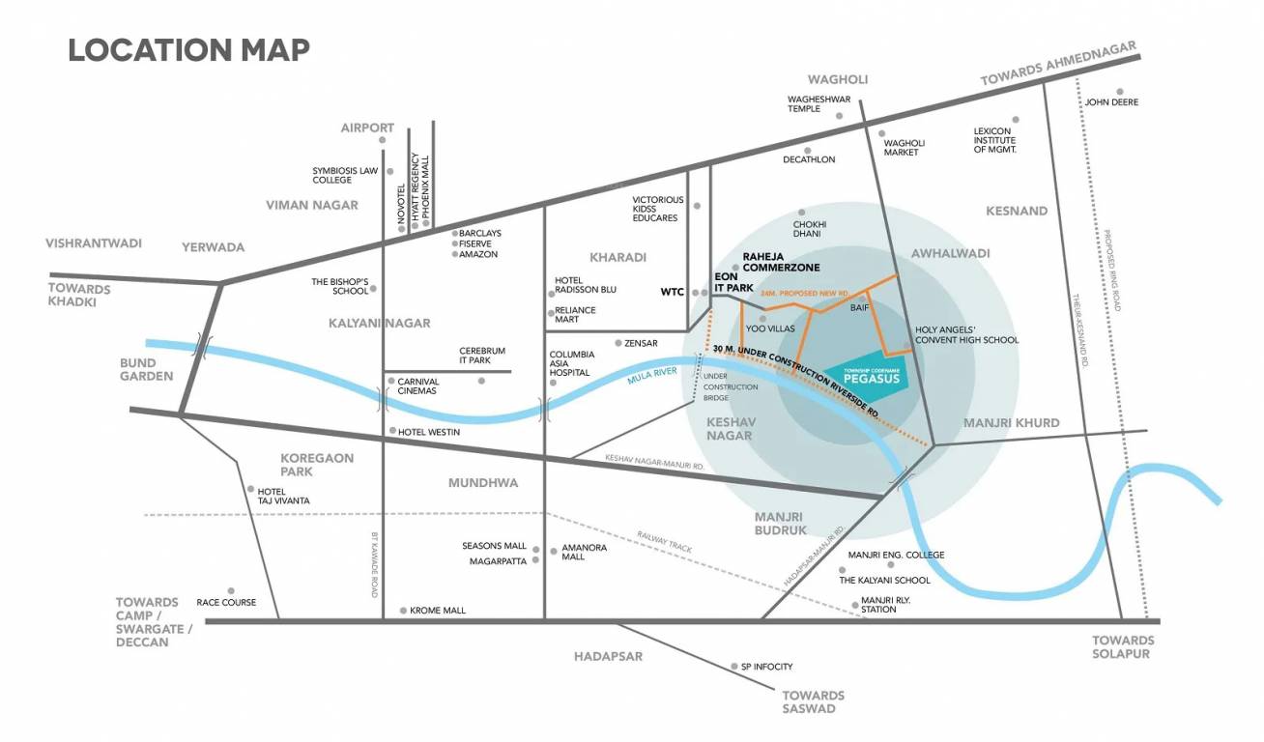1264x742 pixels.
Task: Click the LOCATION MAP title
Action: (x=188, y=49)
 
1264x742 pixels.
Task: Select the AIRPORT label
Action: (x=367, y=128)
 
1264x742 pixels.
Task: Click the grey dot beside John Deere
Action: (x=1120, y=91)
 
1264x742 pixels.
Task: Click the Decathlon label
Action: (x=808, y=159)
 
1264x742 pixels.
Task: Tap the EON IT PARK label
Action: (x=733, y=282)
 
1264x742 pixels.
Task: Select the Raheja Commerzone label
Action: (x=780, y=262)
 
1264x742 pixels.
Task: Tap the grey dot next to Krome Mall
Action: (x=403, y=611)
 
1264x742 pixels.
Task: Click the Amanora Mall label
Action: (x=584, y=552)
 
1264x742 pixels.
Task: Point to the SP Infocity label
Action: (x=766, y=667)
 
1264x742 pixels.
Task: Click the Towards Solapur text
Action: (x=1122, y=647)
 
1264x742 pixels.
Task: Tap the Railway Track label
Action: (x=664, y=542)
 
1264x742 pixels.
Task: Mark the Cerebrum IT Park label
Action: (x=481, y=356)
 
